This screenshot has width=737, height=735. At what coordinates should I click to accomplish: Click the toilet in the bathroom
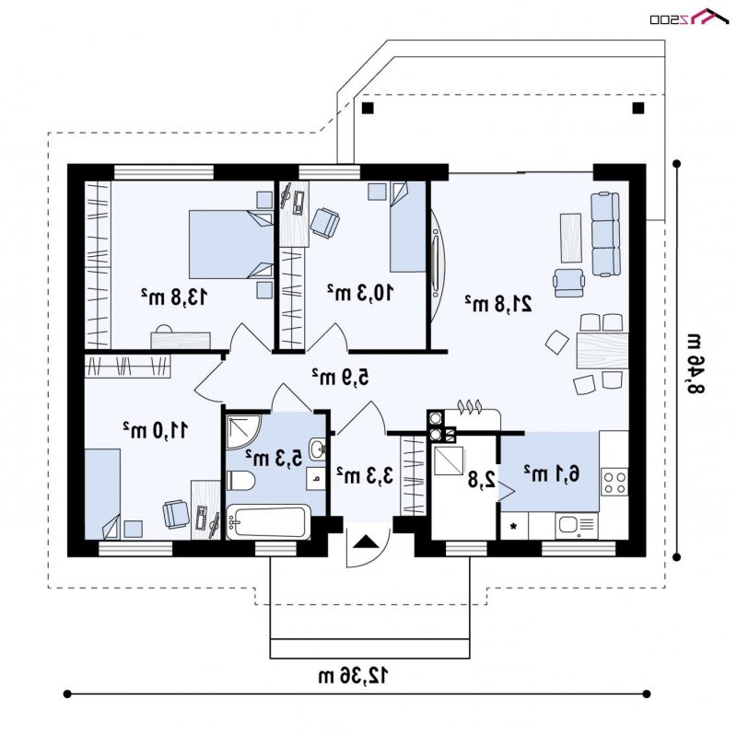(240, 480)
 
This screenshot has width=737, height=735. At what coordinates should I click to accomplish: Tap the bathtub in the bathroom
(268, 521)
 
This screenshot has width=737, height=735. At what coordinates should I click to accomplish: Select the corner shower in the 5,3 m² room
(242, 431)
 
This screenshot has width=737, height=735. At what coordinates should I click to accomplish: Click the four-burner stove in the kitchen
(614, 482)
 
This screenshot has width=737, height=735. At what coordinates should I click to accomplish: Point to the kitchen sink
(577, 525)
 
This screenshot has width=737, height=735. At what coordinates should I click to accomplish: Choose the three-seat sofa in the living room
(605, 234)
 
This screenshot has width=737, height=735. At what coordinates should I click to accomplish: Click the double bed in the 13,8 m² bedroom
(231, 244)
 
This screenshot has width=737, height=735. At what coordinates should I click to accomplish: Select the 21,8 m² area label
(498, 304)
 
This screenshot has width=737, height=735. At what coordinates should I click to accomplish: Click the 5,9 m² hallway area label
(340, 377)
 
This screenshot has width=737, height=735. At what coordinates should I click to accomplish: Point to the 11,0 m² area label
(156, 430)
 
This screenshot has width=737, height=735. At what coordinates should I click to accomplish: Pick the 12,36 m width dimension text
(354, 676)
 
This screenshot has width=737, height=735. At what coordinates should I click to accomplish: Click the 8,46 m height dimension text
(697, 363)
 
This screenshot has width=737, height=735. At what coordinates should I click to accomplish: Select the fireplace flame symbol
(469, 406)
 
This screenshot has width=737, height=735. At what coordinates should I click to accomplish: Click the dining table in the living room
(602, 351)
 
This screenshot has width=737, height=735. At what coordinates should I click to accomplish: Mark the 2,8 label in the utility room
(482, 479)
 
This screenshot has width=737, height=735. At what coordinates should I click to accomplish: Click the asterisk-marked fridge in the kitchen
(514, 525)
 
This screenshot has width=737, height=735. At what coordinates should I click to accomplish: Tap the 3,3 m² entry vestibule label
(365, 475)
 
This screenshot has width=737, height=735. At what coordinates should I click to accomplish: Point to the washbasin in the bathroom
(318, 449)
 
